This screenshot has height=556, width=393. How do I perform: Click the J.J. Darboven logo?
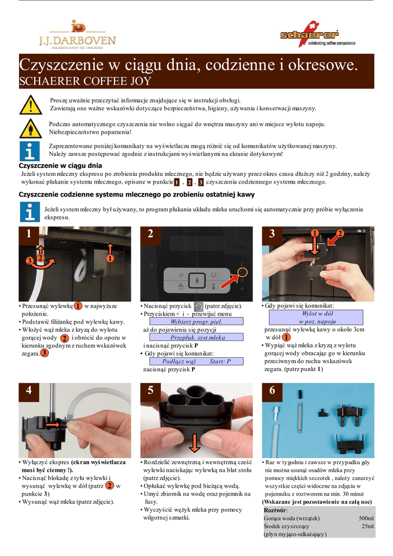[77, 35]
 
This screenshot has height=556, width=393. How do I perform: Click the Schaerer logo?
[318, 34]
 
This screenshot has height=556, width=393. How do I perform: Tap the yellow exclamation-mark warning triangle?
[30, 105]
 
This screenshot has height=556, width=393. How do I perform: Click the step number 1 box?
[29, 233]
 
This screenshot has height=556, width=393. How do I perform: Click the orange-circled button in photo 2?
[243, 273]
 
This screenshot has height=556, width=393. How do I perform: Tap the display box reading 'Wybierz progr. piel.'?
[196, 321]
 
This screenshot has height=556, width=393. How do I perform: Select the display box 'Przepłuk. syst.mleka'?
[196, 337]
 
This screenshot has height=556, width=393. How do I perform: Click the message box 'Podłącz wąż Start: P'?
[196, 361]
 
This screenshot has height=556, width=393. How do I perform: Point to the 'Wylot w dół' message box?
[316, 317]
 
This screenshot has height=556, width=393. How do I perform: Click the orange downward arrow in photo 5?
[194, 442]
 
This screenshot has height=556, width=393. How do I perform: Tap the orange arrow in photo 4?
[54, 425]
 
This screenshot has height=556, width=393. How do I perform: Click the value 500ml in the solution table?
[366, 519]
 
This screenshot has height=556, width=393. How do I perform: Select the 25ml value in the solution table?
[367, 526]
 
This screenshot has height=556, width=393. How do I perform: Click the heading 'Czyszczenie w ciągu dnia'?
[60, 166]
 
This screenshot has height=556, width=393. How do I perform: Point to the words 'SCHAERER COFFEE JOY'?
[85, 81]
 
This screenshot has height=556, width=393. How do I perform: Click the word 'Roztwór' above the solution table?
[275, 510]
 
